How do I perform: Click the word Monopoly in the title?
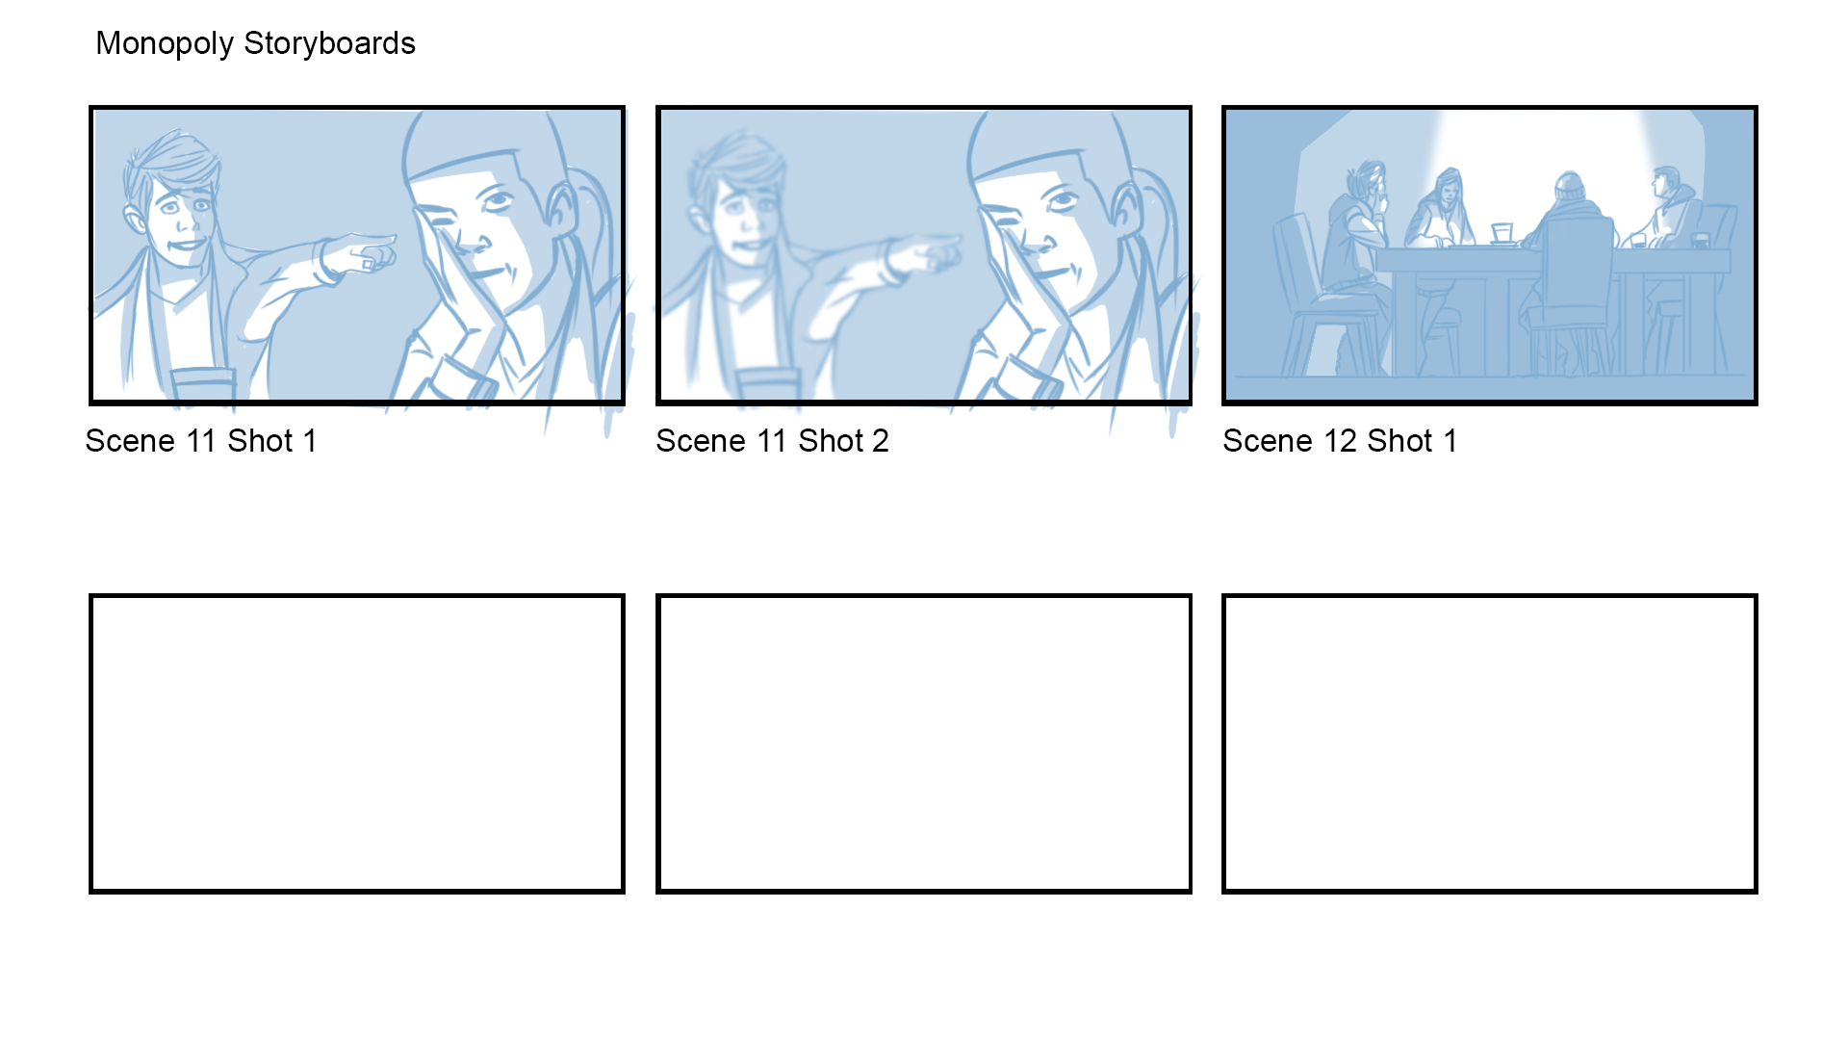tap(165, 44)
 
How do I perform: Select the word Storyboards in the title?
tap(329, 44)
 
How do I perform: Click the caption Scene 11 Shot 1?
tap(201, 441)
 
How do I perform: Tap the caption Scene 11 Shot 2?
tap(772, 441)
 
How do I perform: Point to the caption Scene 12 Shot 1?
tap(1340, 441)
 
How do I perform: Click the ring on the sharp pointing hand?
tap(368, 263)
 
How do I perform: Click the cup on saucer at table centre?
tap(1501, 234)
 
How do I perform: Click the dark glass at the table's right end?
tap(1700, 240)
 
